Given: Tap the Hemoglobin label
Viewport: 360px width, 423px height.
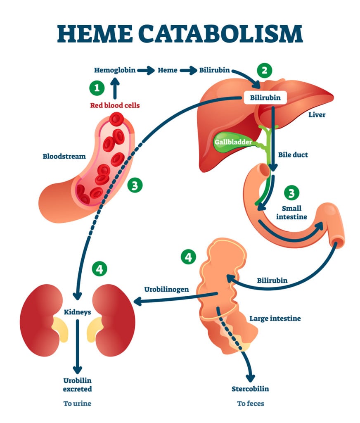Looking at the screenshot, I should [x=115, y=70].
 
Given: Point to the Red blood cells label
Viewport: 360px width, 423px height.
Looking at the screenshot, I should [x=115, y=105].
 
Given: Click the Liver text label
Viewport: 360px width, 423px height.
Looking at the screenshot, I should [x=317, y=114].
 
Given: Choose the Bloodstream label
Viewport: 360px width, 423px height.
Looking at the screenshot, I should [x=64, y=157].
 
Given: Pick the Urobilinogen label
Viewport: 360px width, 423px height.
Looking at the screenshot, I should [x=166, y=289].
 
